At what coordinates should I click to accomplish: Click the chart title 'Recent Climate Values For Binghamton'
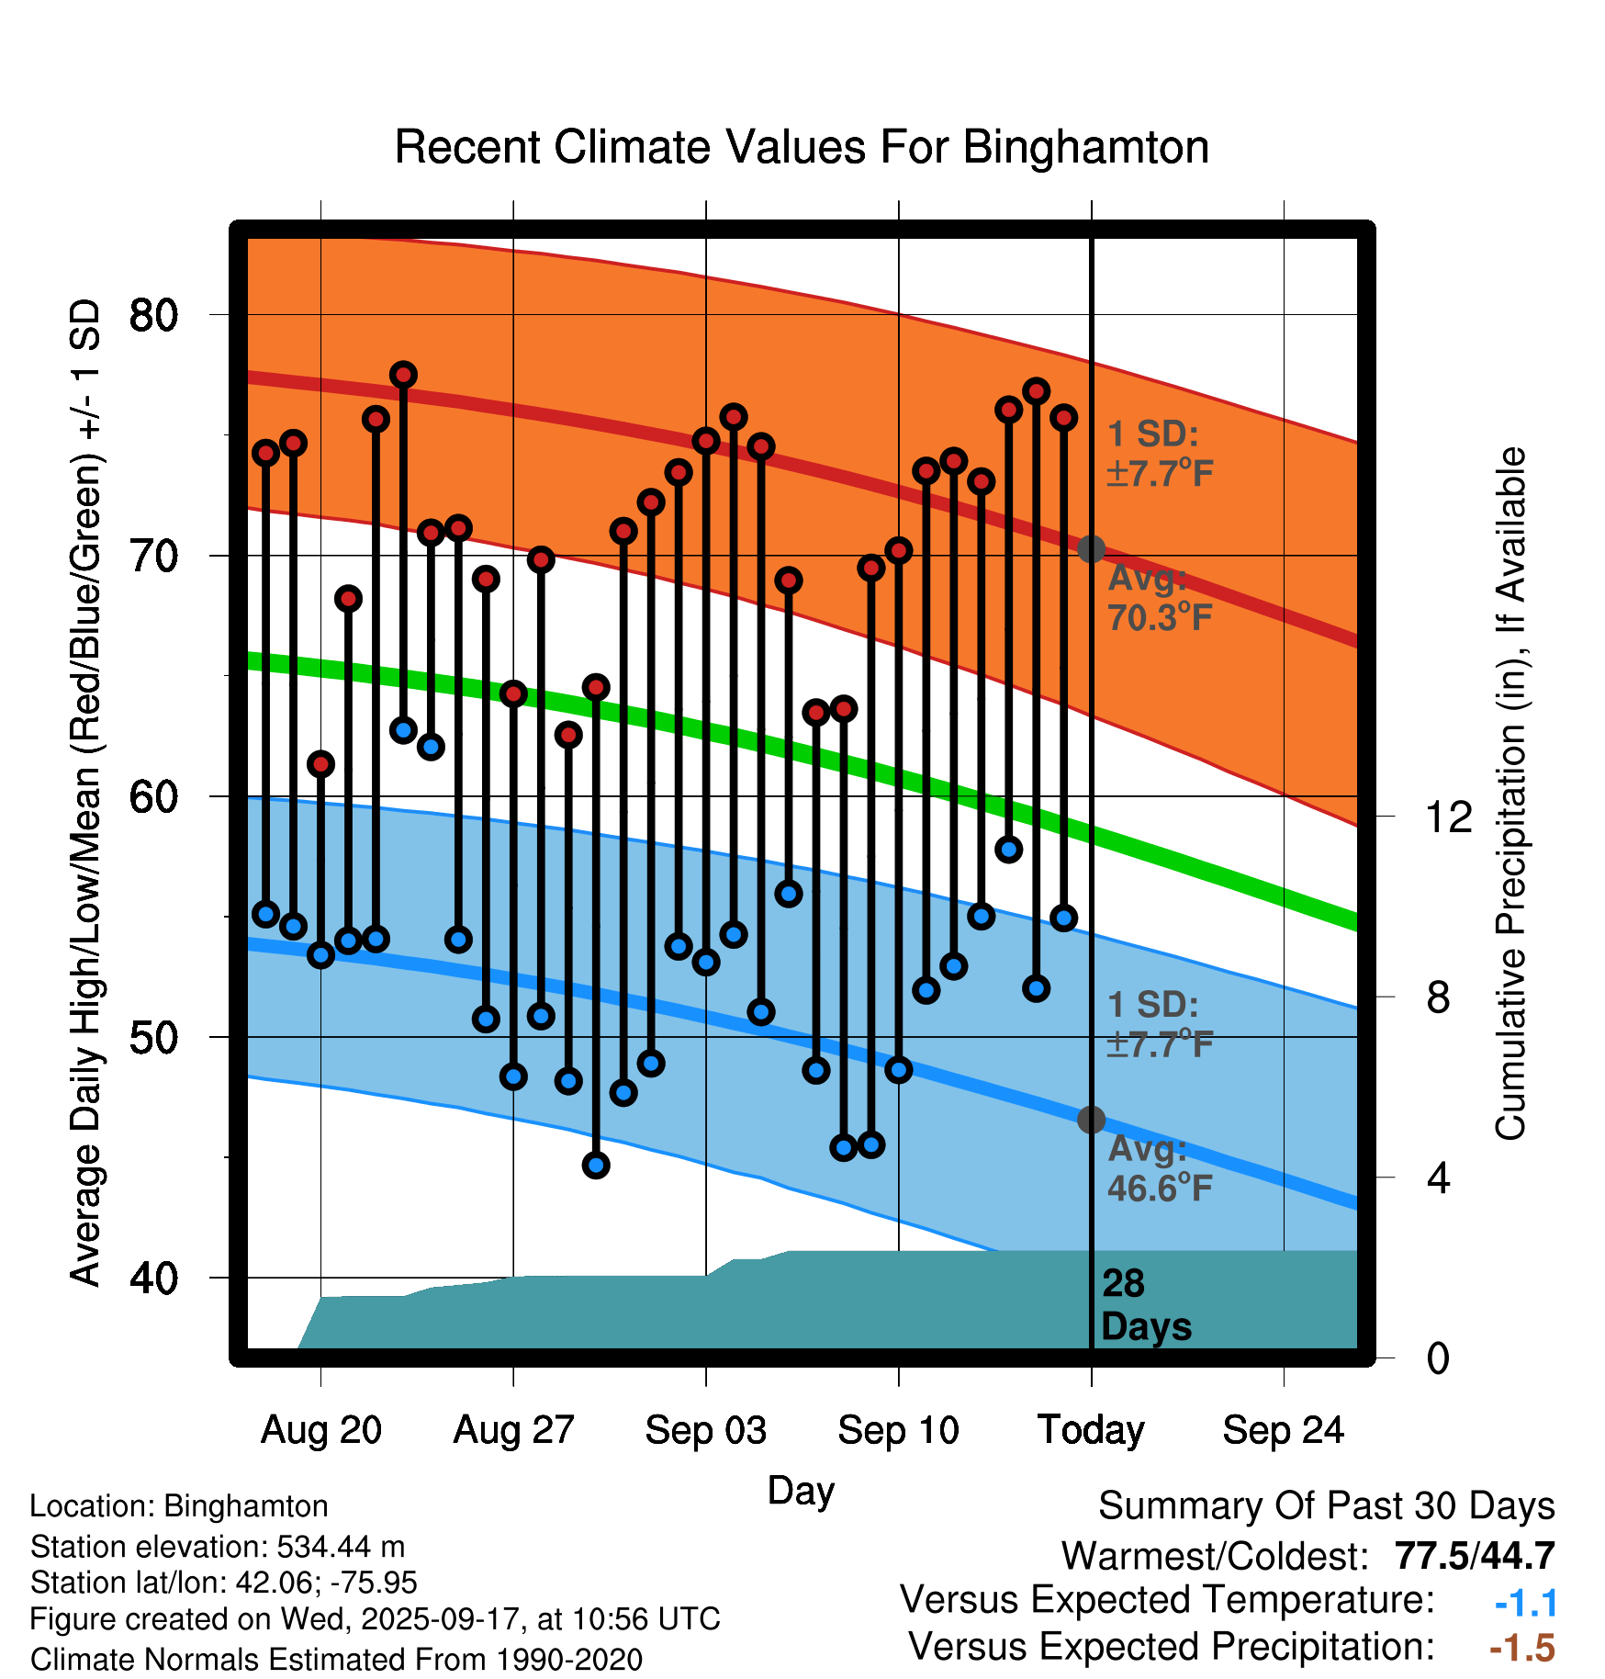[x=801, y=147]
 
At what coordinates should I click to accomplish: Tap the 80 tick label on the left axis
[x=153, y=315]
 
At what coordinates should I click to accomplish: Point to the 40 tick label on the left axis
[x=153, y=1278]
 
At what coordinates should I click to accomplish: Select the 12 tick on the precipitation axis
[x=1449, y=817]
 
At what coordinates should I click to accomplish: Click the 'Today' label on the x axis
[x=1091, y=1430]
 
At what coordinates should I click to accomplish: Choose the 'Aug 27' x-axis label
[x=513, y=1430]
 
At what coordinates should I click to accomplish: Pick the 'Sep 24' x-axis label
[x=1283, y=1430]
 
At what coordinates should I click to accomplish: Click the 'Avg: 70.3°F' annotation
[x=1159, y=599]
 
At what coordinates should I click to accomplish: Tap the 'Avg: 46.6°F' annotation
[x=1159, y=1169]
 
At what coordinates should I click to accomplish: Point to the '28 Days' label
[x=1145, y=1305]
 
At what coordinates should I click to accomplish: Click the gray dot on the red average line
[x=1091, y=549]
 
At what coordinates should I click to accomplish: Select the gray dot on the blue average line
[x=1091, y=1120]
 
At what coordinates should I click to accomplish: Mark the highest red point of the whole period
[x=403, y=375]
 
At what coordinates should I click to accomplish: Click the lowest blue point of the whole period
[x=596, y=1166]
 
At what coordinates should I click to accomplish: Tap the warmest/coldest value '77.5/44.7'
[x=1474, y=1556]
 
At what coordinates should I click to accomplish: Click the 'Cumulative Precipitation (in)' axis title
[x=1510, y=794]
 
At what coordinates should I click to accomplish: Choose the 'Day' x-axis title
[x=801, y=1490]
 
